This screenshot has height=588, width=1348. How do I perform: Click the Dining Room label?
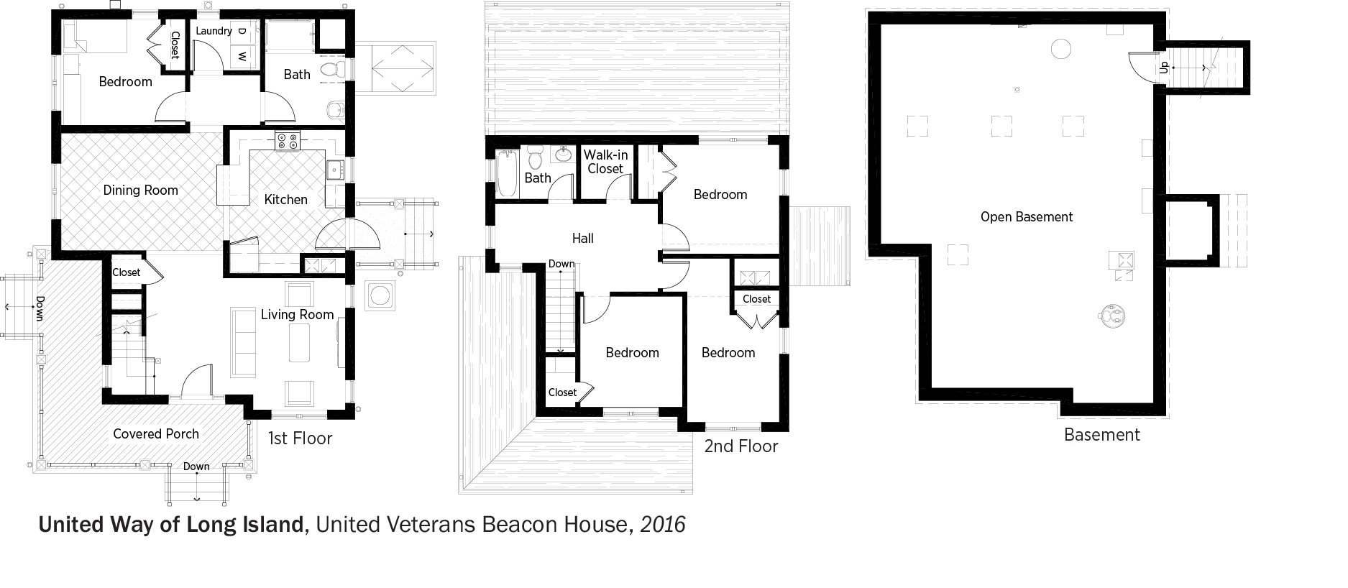coord(140,190)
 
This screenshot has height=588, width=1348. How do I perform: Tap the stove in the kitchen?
coord(288,142)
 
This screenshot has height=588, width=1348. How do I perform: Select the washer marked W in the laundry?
coord(242,56)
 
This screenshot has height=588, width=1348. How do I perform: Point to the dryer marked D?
coord(242,32)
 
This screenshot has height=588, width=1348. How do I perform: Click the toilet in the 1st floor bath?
coord(331,70)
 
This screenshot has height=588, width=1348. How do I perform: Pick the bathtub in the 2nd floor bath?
coord(507,173)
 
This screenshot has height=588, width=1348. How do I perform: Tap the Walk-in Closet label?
coord(605,162)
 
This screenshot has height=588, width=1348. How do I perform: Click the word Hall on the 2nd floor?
coord(583,238)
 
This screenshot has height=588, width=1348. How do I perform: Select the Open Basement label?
coord(1027,217)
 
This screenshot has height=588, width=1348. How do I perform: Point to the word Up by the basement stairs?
coord(1164,68)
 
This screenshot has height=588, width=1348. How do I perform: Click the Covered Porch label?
coord(156,433)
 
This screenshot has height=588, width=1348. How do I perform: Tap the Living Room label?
coord(297,315)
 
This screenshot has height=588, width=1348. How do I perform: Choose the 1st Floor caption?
coord(300,438)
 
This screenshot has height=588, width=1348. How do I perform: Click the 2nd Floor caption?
coord(741,446)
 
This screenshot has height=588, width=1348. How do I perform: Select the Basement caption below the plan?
coord(1102,435)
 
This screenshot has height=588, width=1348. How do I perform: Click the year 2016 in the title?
coord(663,525)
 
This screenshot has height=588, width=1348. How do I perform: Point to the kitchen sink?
coord(335,170)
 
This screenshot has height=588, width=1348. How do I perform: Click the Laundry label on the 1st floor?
coord(214,31)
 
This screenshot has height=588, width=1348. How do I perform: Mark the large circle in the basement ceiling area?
coord(1061,49)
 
